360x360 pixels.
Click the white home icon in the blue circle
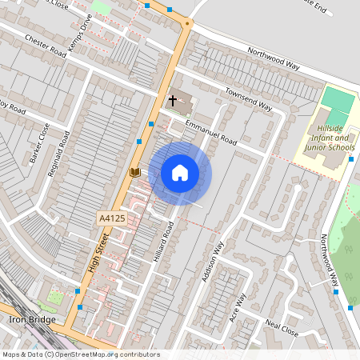[x=180, y=173]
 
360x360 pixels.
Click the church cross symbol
[x=172, y=101]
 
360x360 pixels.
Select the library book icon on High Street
[x=134, y=172]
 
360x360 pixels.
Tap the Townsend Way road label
[x=248, y=99]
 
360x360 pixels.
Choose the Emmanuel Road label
[x=210, y=132]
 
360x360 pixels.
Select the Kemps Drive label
[x=82, y=37]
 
